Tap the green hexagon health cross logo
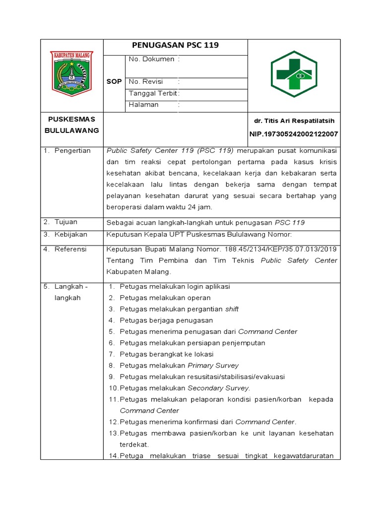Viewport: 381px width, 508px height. tap(294, 74)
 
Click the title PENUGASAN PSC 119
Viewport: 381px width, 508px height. tap(175, 46)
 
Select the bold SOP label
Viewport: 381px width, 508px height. tap(114, 81)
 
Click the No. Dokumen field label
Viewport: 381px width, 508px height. tap(151, 59)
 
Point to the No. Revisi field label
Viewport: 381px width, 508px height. tap(146, 81)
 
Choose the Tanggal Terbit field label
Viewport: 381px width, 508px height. tap(153, 93)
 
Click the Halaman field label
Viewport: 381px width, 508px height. tap(143, 105)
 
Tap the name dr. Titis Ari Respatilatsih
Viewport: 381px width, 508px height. tap(294, 121)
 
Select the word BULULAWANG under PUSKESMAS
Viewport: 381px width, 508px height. tap(72, 130)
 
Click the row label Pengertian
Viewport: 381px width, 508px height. tap(72, 151)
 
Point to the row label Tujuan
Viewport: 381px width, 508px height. tap(66, 222)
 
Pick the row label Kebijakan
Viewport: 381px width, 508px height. tap(70, 234)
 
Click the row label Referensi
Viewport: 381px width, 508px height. tap(70, 249)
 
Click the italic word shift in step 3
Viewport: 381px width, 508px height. tap(232, 309)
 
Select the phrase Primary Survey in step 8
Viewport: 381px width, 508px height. tap(213, 366)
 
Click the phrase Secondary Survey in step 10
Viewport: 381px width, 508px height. tap(219, 388)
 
